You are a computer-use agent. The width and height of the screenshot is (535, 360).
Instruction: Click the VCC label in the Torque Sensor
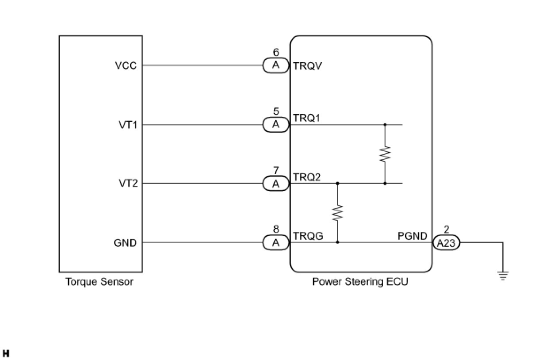pos(126,66)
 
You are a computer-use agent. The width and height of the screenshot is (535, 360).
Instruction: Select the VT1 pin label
pos(128,125)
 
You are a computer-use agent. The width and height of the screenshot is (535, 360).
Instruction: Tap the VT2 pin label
pos(128,184)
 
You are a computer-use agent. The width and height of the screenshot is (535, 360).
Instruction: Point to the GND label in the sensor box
pos(125,243)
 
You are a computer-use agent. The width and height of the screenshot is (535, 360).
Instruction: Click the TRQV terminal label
pos(307,66)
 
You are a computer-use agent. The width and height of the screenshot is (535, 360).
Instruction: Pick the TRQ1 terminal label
pos(307,119)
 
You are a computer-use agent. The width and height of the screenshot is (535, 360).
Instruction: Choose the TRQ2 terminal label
pos(307,177)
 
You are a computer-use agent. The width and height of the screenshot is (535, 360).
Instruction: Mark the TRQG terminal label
pos(308,236)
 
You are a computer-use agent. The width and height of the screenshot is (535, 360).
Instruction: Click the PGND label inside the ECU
pos(412,236)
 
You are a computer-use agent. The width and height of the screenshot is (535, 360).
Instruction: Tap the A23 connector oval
pos(446,243)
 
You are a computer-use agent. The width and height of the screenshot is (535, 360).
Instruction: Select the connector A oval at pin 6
pos(276,66)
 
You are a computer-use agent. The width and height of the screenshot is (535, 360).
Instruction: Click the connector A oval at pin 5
pos(276,125)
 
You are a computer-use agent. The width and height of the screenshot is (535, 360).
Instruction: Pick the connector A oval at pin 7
pos(276,184)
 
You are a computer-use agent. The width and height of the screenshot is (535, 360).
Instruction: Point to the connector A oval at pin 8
pos(276,243)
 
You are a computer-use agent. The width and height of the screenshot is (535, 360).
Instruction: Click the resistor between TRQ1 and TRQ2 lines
pos(385,154)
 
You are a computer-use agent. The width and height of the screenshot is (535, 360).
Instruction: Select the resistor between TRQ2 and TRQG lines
pos(337,213)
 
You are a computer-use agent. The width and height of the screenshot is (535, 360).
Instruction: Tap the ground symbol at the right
pos(503,276)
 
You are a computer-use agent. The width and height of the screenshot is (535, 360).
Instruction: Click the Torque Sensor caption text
pos(99,282)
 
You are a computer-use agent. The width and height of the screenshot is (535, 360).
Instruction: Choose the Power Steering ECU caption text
pos(360,282)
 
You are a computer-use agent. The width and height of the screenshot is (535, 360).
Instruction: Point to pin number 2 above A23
pos(446,230)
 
